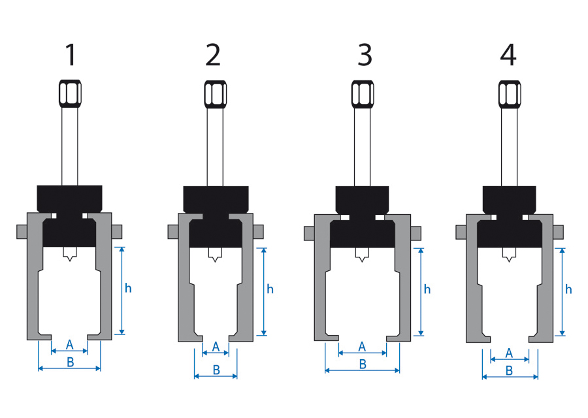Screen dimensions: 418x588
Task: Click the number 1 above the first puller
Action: click(x=71, y=56)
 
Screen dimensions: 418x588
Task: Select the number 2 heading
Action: click(x=213, y=56)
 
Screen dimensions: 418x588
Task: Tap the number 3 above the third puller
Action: click(x=365, y=56)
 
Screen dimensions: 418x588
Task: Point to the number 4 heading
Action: click(x=508, y=56)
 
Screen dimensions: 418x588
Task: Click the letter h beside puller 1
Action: click(x=129, y=288)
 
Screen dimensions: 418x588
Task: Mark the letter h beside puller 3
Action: click(x=427, y=289)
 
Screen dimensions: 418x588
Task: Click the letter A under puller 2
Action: click(x=216, y=346)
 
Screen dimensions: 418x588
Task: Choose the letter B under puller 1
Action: click(x=70, y=362)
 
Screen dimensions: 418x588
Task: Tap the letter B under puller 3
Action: click(x=363, y=364)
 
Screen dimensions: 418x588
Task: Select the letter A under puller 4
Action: click(x=510, y=353)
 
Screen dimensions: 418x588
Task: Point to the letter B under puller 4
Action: click(x=510, y=370)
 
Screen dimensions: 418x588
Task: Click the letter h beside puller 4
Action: click(x=569, y=289)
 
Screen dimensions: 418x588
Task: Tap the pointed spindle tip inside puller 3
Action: click(x=363, y=255)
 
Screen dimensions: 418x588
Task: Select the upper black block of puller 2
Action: click(x=215, y=198)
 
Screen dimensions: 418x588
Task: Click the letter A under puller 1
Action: click(x=70, y=344)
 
